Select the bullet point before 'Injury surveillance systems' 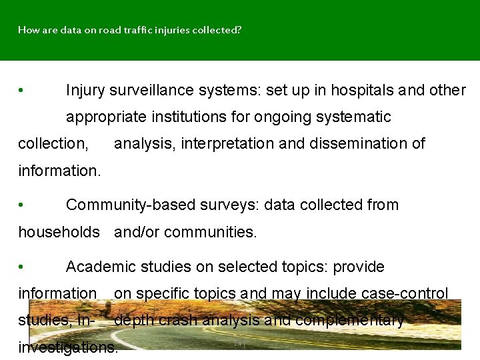(22, 91)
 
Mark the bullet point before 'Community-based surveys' (22, 205)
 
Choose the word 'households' (59, 232)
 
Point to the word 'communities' (213, 232)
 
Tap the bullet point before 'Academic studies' (22, 267)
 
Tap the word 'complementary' (349, 320)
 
